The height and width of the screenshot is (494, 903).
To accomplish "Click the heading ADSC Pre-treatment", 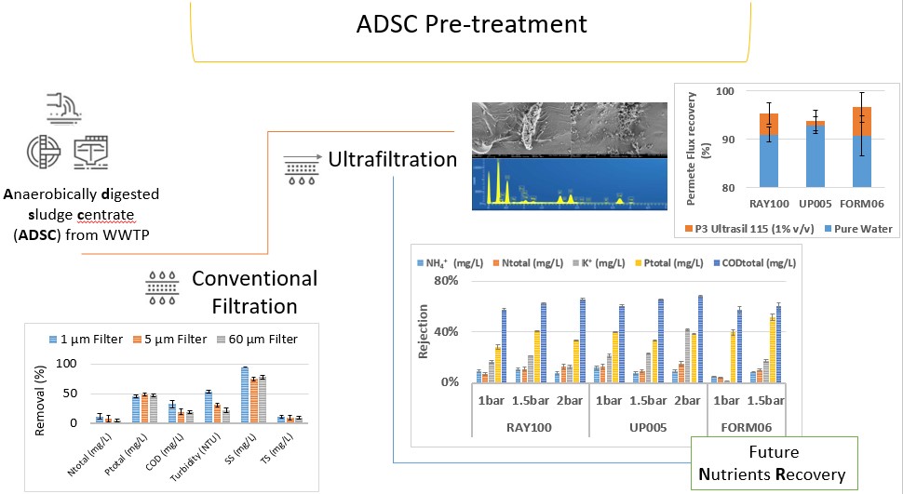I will click(x=472, y=23).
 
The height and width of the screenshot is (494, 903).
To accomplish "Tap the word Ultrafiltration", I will click(x=392, y=159).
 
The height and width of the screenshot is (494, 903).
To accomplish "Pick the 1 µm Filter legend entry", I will click(x=88, y=340).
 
